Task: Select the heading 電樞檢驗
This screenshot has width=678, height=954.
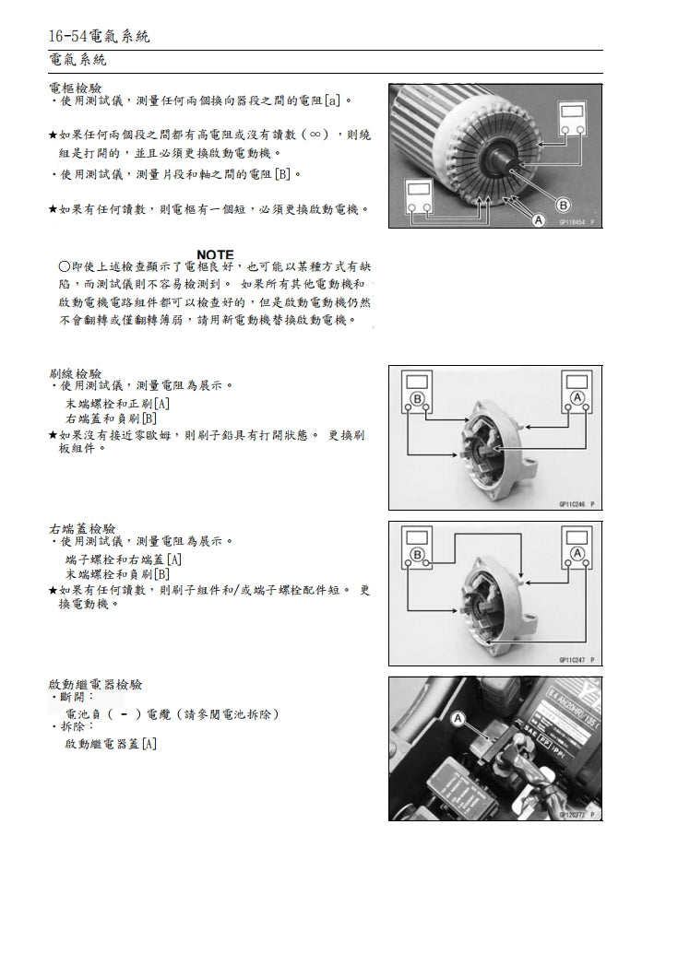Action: [75, 88]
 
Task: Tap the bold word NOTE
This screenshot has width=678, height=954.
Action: [215, 254]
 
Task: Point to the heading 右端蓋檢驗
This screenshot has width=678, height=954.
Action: [81, 529]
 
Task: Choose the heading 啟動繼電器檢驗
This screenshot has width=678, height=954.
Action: [94, 685]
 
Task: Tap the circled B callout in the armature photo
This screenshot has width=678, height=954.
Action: [562, 205]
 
